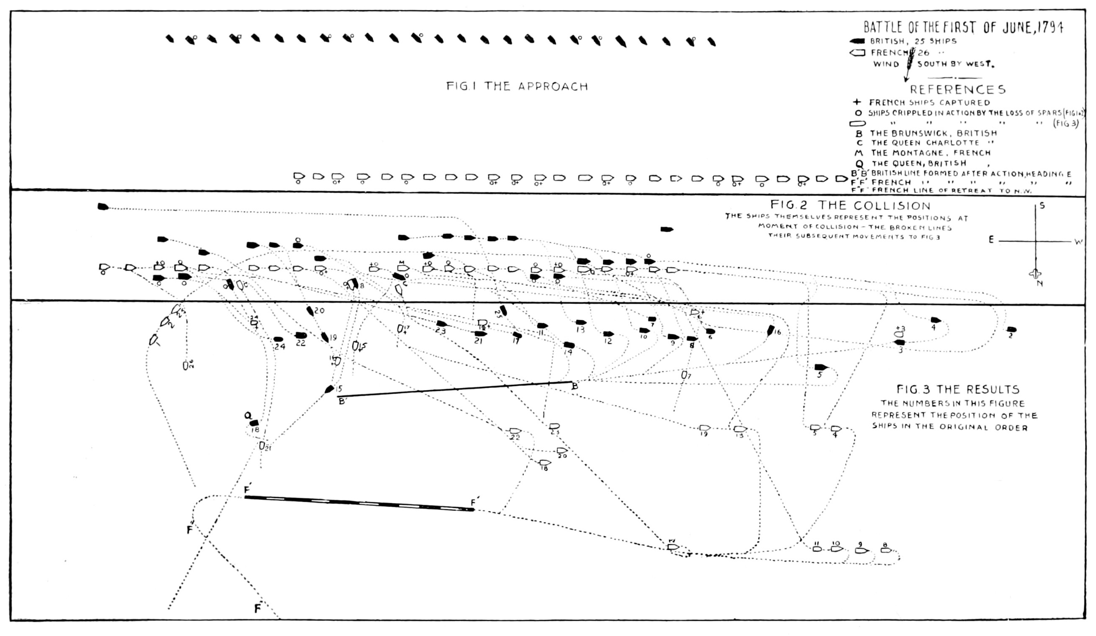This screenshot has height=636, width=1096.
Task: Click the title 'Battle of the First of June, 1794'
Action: tap(963, 27)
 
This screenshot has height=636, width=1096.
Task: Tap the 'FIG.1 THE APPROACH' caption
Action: tap(517, 86)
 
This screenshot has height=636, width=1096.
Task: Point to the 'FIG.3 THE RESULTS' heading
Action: tap(958, 389)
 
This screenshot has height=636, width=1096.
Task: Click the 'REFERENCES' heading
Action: tap(958, 90)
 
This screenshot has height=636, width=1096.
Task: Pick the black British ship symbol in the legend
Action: tap(858, 41)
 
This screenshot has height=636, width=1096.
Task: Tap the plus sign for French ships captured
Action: tap(856, 102)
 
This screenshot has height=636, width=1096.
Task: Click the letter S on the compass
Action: tap(1042, 205)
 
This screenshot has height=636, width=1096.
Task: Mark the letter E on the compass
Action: tap(991, 240)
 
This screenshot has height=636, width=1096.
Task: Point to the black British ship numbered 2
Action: tap(1012, 329)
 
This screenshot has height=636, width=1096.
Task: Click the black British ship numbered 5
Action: tap(821, 367)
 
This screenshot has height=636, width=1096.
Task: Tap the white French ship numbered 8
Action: tap(886, 550)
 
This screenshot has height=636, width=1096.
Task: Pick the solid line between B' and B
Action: tap(454, 389)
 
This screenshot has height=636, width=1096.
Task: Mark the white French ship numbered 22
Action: tap(515, 431)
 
